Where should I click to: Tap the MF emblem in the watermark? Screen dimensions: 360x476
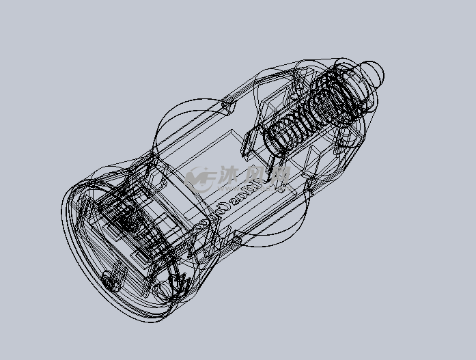point(199,180)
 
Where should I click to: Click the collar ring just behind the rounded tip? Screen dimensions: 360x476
point(355,85)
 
